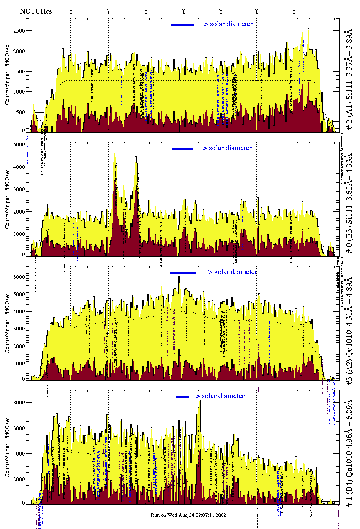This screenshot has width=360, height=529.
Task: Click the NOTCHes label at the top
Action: point(36,11)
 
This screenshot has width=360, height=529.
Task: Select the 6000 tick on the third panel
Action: point(19,277)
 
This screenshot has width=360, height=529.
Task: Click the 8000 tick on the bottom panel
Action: point(19,402)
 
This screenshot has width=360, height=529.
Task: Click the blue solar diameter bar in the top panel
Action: point(183,25)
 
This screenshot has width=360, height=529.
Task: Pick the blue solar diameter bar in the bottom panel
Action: point(183,397)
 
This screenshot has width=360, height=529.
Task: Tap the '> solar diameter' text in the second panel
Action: point(227,148)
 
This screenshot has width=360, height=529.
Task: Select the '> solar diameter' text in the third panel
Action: point(232,272)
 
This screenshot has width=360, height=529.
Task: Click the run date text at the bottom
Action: point(188,515)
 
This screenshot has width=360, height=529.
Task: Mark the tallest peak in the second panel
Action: point(115,153)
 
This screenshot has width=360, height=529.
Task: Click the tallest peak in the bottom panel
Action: point(200,401)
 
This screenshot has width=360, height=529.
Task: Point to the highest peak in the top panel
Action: point(303,29)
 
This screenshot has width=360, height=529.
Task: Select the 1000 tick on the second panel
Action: point(19,234)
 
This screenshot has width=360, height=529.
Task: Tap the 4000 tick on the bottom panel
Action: point(19,454)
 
